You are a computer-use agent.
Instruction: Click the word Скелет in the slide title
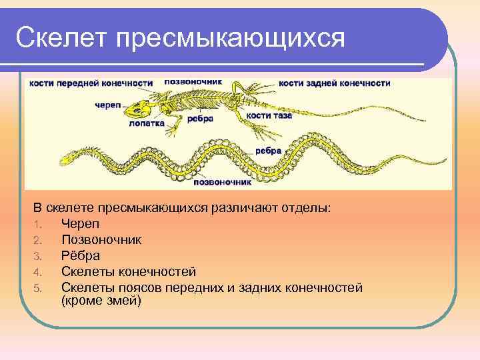click(x=61, y=38)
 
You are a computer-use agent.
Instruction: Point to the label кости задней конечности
click(x=334, y=83)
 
